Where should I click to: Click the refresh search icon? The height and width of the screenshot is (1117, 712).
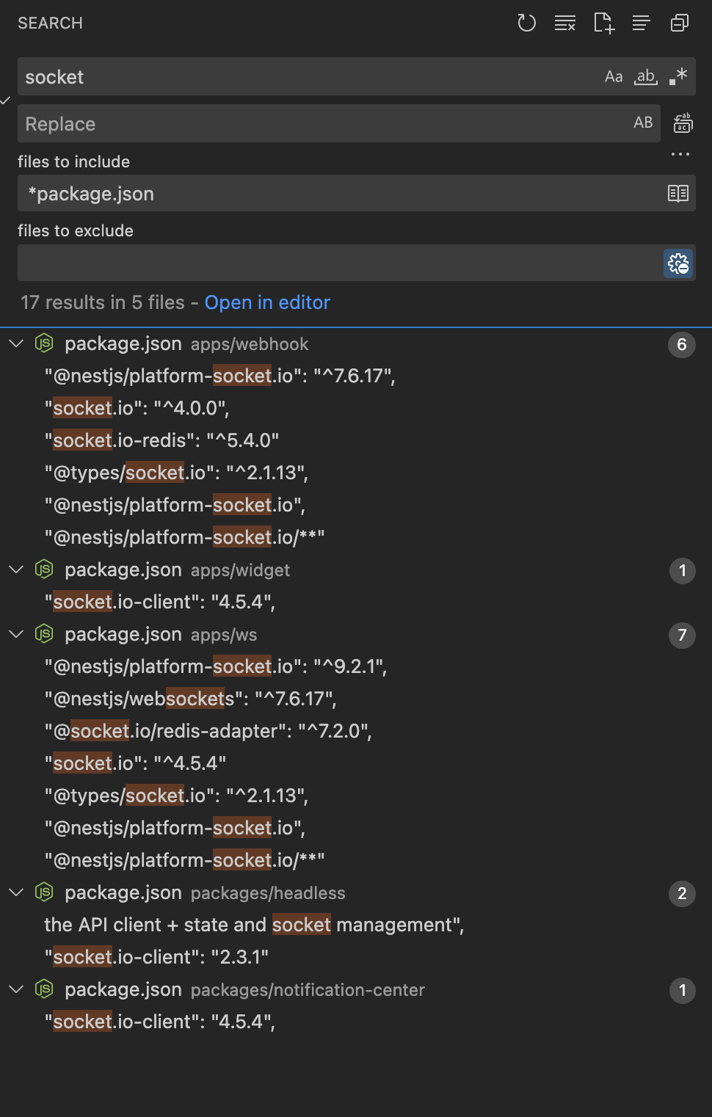pyautogui.click(x=526, y=23)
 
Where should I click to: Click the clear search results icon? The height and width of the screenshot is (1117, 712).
pyautogui.click(x=564, y=23)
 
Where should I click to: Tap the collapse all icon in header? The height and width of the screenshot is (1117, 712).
pyautogui.click(x=680, y=23)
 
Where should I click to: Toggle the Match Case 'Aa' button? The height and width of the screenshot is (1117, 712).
pyautogui.click(x=614, y=76)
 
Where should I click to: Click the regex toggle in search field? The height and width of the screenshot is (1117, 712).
pyautogui.click(x=678, y=76)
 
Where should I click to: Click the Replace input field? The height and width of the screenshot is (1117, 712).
pyautogui.click(x=323, y=124)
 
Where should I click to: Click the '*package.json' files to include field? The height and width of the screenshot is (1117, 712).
pyautogui.click(x=338, y=194)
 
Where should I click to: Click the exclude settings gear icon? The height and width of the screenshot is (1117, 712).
pyautogui.click(x=678, y=263)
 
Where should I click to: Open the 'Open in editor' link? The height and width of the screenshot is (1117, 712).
pyautogui.click(x=267, y=302)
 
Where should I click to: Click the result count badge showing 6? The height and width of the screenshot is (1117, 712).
pyautogui.click(x=682, y=344)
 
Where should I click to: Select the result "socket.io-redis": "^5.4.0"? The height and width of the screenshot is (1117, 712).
pyautogui.click(x=161, y=440)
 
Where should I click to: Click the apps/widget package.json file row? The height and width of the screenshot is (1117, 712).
pyautogui.click(x=177, y=570)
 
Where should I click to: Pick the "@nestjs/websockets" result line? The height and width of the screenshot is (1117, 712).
pyautogui.click(x=190, y=699)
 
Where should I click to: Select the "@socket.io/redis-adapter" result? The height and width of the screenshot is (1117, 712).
pyautogui.click(x=208, y=731)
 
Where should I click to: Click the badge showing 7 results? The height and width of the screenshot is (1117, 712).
pyautogui.click(x=682, y=635)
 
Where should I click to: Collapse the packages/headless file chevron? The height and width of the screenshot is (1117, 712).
pyautogui.click(x=16, y=892)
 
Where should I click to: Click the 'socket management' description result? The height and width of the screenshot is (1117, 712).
pyautogui.click(x=254, y=925)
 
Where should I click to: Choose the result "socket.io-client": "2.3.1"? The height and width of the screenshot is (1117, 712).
pyautogui.click(x=156, y=957)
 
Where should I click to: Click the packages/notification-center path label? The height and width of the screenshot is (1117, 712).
pyautogui.click(x=308, y=990)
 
